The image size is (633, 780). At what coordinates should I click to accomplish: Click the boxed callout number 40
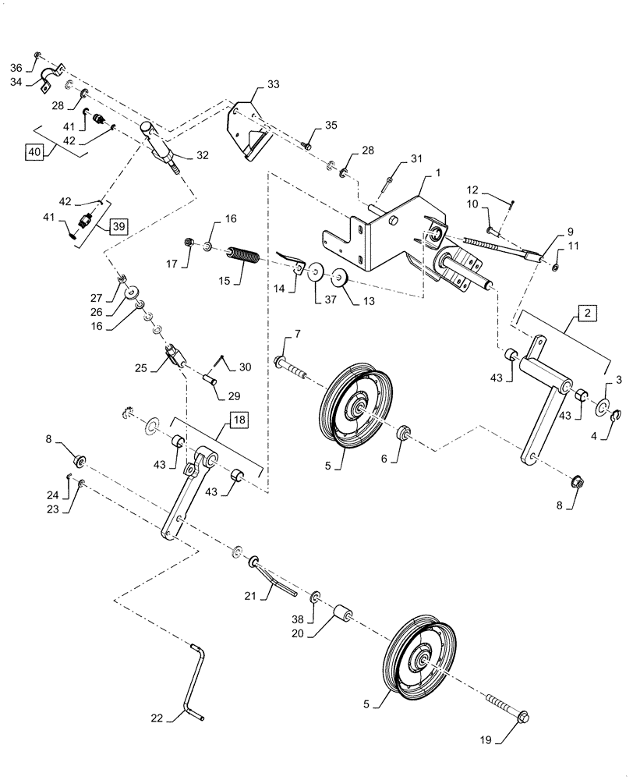coord(33,152)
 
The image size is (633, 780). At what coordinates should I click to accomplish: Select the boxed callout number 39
coord(117,226)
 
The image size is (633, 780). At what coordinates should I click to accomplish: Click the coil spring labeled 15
coord(245,257)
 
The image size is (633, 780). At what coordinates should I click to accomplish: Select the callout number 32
coord(203,155)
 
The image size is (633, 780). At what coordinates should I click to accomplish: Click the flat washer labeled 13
coord(341,276)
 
